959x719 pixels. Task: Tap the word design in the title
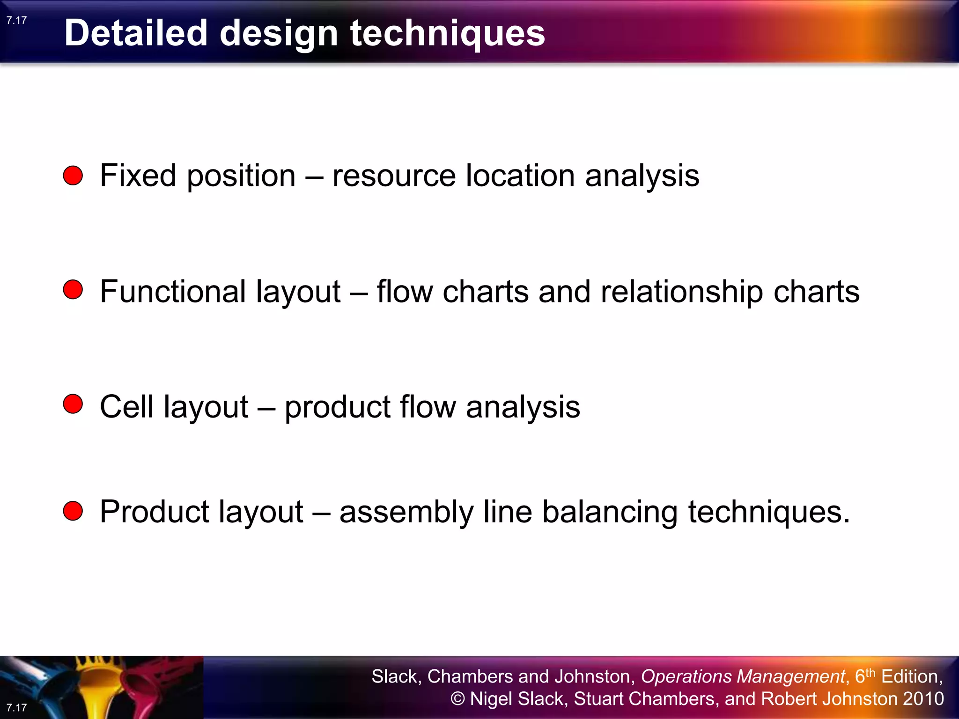pyautogui.click(x=279, y=34)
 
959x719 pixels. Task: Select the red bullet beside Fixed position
pyautogui.click(x=73, y=176)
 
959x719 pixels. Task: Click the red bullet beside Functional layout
pyautogui.click(x=73, y=290)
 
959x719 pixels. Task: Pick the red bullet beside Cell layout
pyautogui.click(x=73, y=404)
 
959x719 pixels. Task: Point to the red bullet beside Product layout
pyautogui.click(x=73, y=511)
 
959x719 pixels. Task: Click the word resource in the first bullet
pyautogui.click(x=394, y=176)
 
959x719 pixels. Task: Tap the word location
pyautogui.click(x=520, y=176)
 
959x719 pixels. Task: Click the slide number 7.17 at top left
pyautogui.click(x=17, y=20)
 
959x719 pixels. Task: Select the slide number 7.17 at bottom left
pyautogui.click(x=17, y=707)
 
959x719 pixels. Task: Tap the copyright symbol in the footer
pyautogui.click(x=457, y=699)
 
